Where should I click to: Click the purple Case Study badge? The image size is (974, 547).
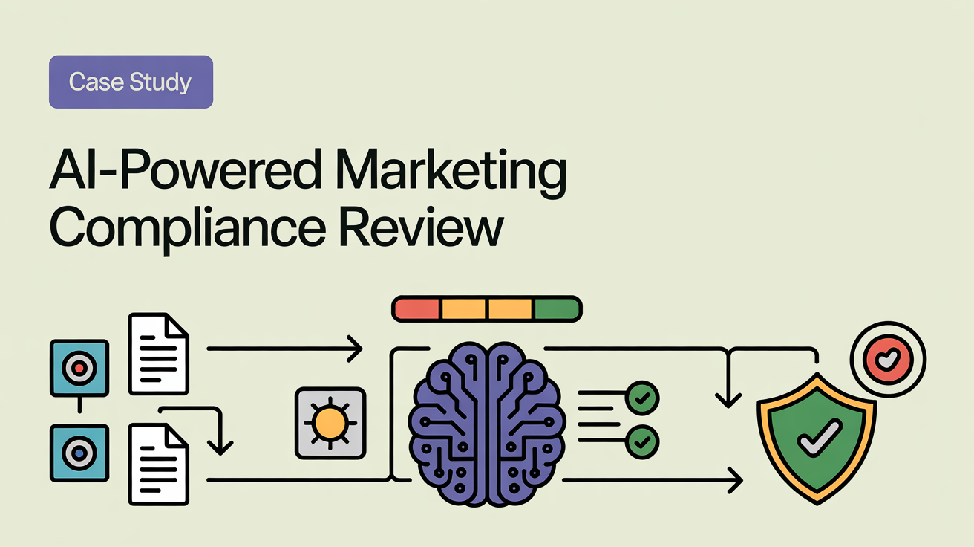tap(131, 82)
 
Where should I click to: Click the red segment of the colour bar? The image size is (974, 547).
tap(416, 309)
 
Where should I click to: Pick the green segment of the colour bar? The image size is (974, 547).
tap(556, 309)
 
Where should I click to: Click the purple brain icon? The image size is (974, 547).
tap(487, 424)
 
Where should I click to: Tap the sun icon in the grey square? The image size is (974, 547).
tap(330, 422)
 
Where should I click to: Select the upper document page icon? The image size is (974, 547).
tap(158, 353)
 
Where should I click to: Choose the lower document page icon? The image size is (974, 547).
tap(158, 462)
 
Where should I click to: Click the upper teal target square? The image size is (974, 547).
tap(79, 367)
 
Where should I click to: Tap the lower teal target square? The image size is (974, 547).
tap(79, 452)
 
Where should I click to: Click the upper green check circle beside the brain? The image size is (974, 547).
tap(643, 398)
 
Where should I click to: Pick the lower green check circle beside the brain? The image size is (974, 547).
tap(643, 442)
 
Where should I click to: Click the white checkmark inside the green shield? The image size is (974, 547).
tap(818, 438)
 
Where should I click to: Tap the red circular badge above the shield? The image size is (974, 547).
tap(888, 358)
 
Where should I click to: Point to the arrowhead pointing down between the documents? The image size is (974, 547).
tap(220, 447)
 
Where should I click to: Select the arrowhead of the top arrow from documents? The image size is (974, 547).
tap(356, 348)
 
